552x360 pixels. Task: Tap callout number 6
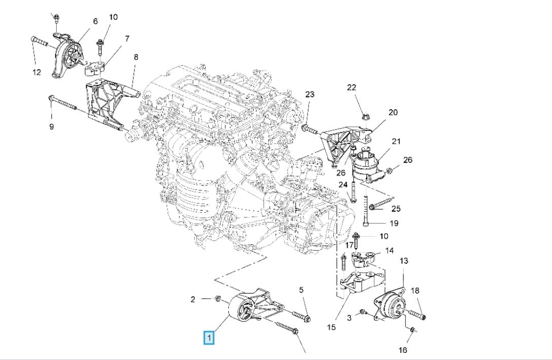pyautogui.click(x=95, y=21)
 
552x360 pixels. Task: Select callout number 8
pyautogui.click(x=136, y=57)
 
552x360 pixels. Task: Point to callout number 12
pyautogui.click(x=37, y=72)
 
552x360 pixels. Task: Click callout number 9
pyautogui.click(x=51, y=126)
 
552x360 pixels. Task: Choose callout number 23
pyautogui.click(x=309, y=94)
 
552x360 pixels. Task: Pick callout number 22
pyautogui.click(x=351, y=87)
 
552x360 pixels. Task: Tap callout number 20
pyautogui.click(x=393, y=112)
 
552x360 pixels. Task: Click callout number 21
pyautogui.click(x=396, y=141)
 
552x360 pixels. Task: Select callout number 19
pyautogui.click(x=394, y=223)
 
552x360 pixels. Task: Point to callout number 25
pyautogui.click(x=396, y=209)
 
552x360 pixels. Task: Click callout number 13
pyautogui.click(x=404, y=260)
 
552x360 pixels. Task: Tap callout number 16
pyautogui.click(x=403, y=350)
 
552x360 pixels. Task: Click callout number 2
pyautogui.click(x=193, y=300)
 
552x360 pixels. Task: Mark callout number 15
pyautogui.click(x=331, y=328)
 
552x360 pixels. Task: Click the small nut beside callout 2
pyautogui.click(x=218, y=299)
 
